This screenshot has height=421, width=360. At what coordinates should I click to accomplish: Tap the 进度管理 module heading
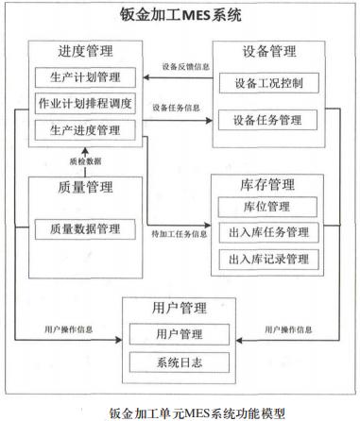tap(87, 53)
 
